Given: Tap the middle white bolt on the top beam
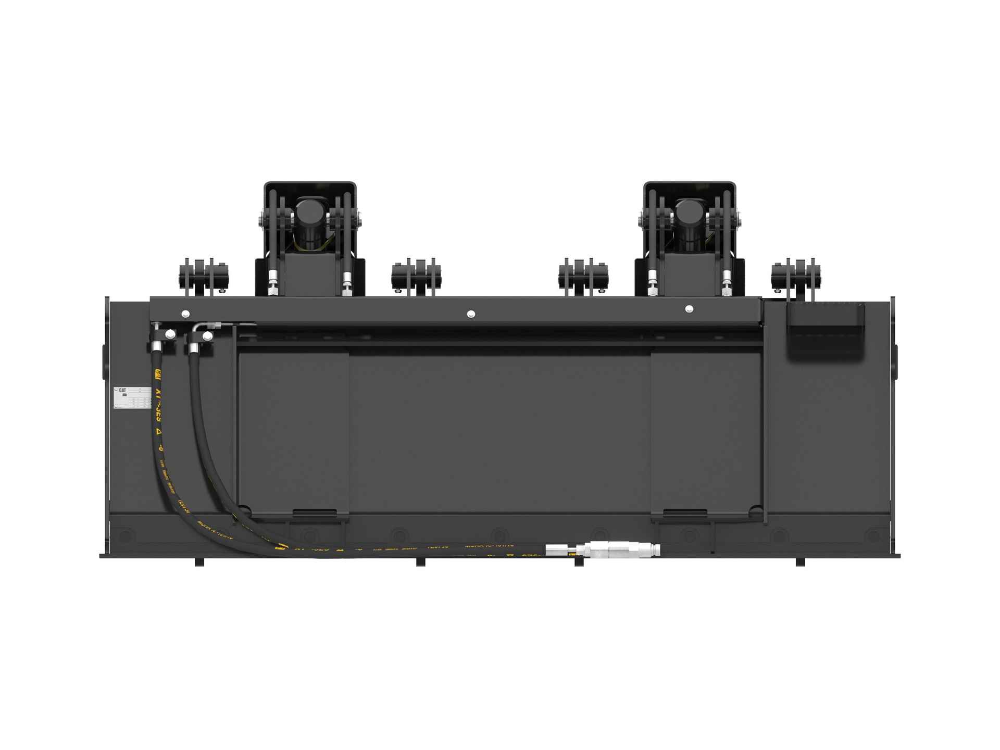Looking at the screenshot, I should pyautogui.click(x=471, y=314).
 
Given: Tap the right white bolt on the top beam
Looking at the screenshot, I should pyautogui.click(x=690, y=309).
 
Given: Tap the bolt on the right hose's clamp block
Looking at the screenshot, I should pyautogui.click(x=207, y=337).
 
